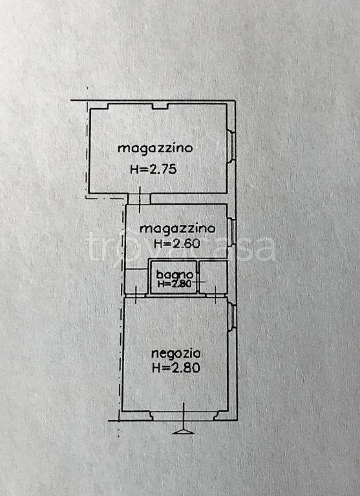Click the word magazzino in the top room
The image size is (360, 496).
tap(155, 148)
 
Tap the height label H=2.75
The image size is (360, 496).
tap(153, 170)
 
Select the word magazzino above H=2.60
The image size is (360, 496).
tap(177, 229)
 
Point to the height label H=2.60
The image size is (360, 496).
tap(176, 244)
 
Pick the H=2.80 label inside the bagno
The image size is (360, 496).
tap(173, 284)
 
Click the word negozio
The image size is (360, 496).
tap(176, 353)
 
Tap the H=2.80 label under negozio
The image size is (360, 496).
tap(176, 369)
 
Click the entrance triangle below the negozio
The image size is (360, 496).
tap(184, 430)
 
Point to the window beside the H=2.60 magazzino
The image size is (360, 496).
tap(231, 229)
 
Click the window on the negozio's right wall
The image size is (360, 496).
tap(231, 316)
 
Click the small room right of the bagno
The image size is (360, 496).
tap(213, 277)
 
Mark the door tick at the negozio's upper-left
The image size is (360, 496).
tap(136, 297)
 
